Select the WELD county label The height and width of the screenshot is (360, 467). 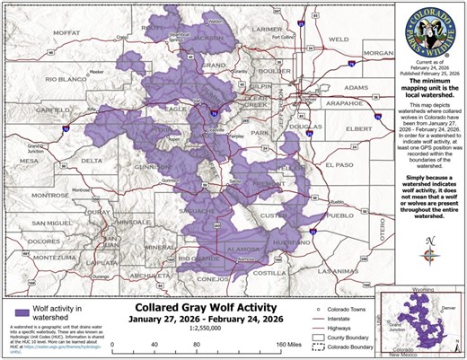click(339, 40)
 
